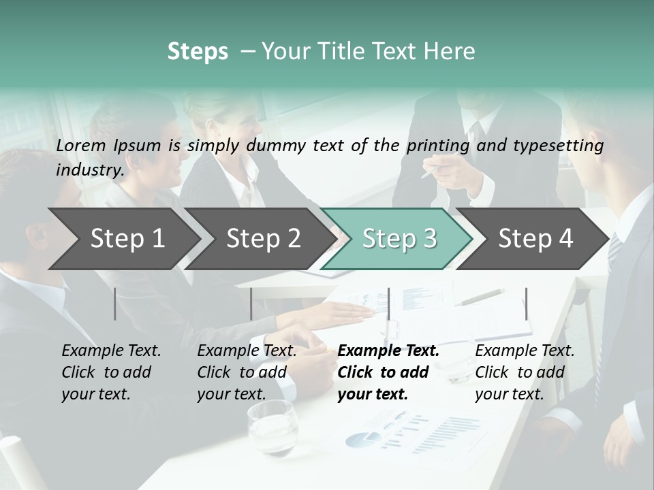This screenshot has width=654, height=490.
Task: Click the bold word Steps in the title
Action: coord(198,52)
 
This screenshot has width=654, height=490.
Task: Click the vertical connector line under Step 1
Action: coord(115,304)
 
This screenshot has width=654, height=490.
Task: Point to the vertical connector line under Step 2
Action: coord(251,304)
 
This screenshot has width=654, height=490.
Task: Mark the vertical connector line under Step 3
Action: coord(388,304)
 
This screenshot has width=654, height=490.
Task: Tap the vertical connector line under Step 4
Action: coord(526,304)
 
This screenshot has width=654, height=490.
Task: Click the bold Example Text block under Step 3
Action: coord(388,372)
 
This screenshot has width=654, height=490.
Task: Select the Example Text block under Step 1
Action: coord(111,372)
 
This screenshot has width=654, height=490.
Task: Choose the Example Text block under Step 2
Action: coord(247,372)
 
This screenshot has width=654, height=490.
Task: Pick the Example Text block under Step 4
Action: coord(525,372)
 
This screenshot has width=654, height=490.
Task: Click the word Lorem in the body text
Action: coord(81,146)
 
